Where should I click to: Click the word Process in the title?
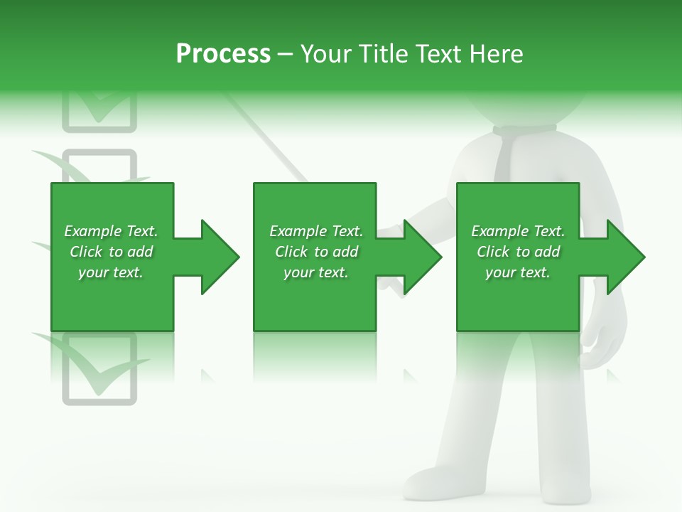tap(223, 54)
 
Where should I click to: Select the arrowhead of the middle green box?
tap(422, 257)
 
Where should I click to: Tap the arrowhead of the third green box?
tap(625, 257)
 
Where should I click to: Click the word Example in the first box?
tap(92, 231)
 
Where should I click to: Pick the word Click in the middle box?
tap(291, 252)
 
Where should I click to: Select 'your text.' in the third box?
tap(517, 272)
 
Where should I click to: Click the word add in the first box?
tap(141, 252)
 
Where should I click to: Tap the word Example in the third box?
tap(499, 231)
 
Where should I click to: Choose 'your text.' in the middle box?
tap(315, 272)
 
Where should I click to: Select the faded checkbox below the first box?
tap(99, 370)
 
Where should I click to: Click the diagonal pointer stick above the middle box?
tap(266, 139)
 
